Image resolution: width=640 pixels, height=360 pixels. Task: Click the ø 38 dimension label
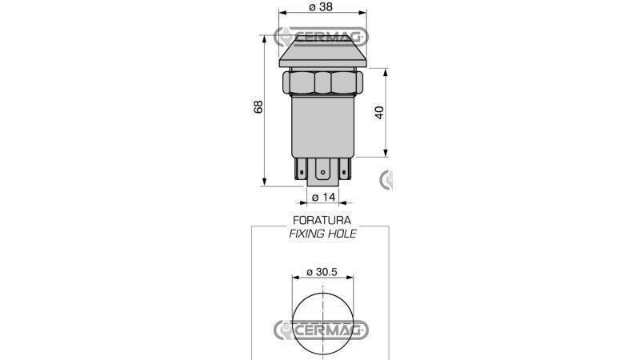tap(321, 7)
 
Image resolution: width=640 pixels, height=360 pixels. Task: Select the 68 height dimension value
tap(258, 106)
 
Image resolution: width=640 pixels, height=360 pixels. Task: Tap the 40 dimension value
tap(379, 112)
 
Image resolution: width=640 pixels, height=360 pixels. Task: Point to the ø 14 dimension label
tap(324, 197)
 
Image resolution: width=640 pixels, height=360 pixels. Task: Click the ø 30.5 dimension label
tap(322, 272)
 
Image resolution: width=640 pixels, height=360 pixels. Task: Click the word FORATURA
tap(322, 220)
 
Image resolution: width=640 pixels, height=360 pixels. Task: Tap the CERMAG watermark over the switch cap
tap(322, 37)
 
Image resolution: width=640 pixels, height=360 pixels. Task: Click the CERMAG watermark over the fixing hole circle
tap(322, 330)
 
